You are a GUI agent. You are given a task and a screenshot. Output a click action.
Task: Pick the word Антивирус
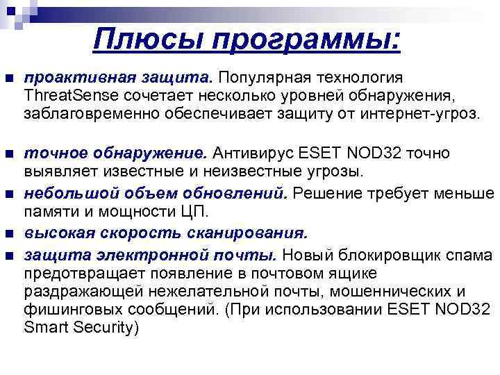(x=252, y=153)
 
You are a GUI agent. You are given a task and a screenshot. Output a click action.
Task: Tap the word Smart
(x=46, y=327)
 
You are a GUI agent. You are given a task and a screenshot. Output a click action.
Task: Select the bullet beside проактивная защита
(x=8, y=78)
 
